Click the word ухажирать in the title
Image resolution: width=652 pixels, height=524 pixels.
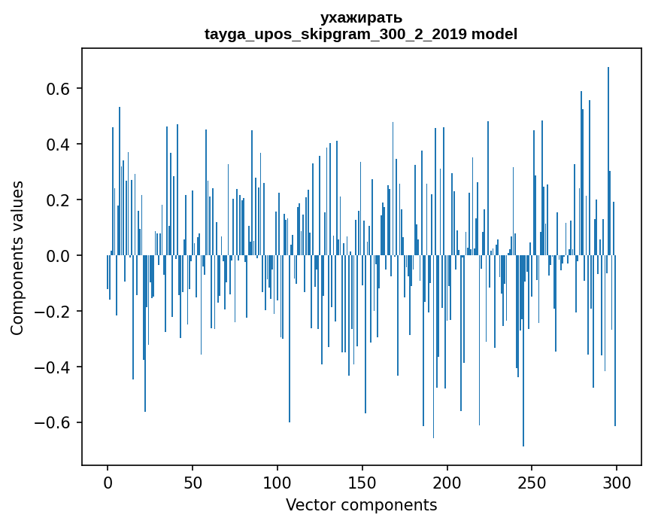(x=361, y=17)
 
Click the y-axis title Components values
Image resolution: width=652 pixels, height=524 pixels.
(x=17, y=257)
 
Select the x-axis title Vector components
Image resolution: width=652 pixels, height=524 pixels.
(x=361, y=504)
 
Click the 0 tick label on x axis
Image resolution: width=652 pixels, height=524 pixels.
(x=108, y=482)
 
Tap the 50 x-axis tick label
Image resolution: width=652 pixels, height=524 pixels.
(x=193, y=482)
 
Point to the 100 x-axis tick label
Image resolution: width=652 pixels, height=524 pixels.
(x=277, y=482)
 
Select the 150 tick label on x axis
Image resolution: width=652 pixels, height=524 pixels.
(x=362, y=482)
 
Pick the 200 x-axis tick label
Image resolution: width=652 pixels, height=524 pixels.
(x=447, y=482)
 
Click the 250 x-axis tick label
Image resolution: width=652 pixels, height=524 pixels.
(x=532, y=482)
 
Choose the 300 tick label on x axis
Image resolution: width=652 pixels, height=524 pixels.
(x=617, y=482)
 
